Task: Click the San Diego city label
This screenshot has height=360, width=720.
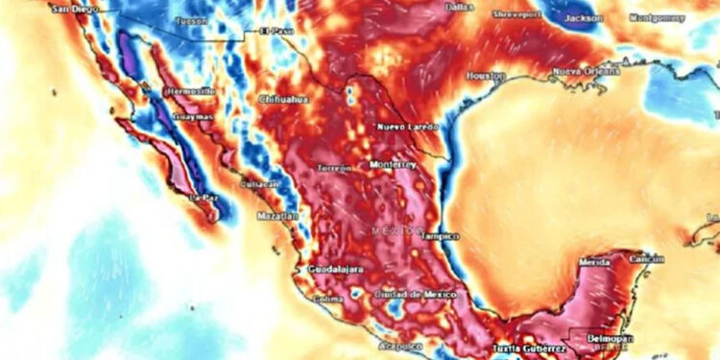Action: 75,9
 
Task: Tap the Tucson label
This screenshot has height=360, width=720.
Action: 192,20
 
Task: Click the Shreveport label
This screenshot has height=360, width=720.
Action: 517,15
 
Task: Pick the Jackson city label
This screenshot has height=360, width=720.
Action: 584,17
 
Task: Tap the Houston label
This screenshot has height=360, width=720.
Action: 486,75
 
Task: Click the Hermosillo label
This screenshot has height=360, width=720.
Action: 188,91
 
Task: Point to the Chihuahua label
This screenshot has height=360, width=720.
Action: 282,99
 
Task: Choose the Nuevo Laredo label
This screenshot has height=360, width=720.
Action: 407,127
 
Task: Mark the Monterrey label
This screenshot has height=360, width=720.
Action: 392,163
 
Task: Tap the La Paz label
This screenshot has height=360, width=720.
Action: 206,198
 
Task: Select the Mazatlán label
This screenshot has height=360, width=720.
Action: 278,217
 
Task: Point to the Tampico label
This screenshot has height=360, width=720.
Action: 440,235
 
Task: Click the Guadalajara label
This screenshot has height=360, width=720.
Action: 335,270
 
